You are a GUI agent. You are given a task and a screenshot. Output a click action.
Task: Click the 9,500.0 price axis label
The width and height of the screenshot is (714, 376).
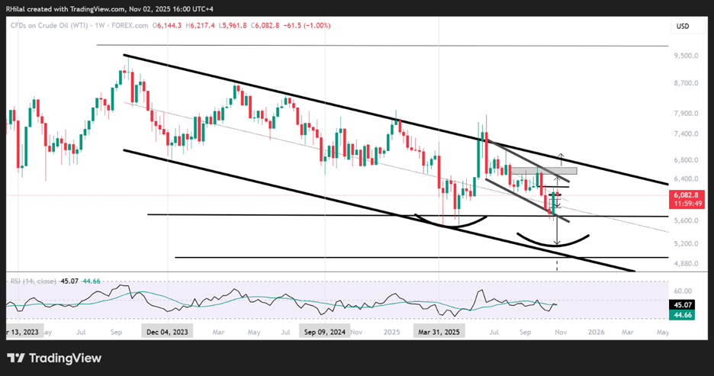[x=688, y=56]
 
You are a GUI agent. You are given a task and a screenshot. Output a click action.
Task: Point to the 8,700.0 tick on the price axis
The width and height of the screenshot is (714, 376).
[x=688, y=83]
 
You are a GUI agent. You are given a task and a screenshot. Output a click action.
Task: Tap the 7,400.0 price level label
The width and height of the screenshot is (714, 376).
[x=688, y=133]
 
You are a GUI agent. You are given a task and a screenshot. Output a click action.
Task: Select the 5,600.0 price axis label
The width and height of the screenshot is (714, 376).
[x=688, y=220]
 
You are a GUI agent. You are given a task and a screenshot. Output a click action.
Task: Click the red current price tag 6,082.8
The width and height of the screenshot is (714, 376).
[x=688, y=195]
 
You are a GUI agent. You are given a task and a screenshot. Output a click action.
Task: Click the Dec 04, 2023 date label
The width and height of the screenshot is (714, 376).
[x=166, y=332]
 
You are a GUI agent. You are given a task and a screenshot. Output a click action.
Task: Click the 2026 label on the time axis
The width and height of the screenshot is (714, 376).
[x=596, y=332]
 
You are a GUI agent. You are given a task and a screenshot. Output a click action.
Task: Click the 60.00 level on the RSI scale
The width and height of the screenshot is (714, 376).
[x=683, y=290]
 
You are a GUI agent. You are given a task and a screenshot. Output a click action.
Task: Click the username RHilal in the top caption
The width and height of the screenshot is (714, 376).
[x=17, y=5]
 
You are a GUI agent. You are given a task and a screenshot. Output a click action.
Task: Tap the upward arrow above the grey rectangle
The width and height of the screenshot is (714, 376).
[x=562, y=158]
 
